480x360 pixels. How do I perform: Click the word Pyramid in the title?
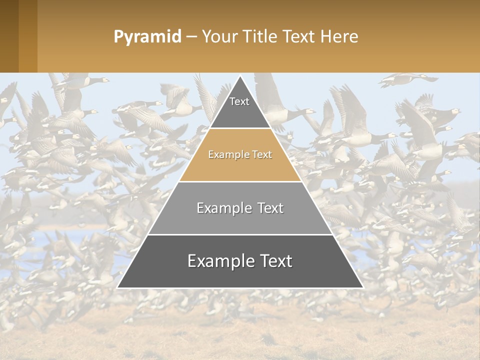[147, 37]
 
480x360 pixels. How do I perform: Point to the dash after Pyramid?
[191, 37]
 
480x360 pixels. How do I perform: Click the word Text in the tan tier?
[262, 155]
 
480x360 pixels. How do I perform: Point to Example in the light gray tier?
[223, 208]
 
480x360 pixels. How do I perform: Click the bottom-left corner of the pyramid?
[117, 287]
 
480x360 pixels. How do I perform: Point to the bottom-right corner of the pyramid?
[363, 287]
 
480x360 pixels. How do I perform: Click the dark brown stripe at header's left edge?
[9, 36]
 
